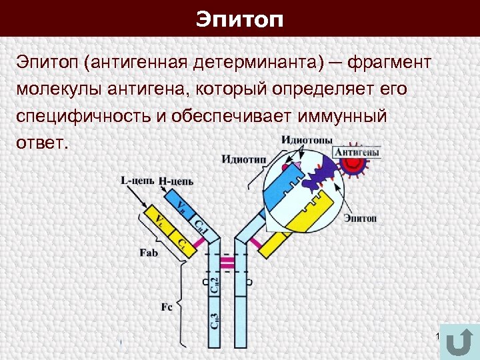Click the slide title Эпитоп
click(x=240, y=19)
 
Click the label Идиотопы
click(x=307, y=140)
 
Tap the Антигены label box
click(x=357, y=152)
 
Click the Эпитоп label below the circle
click(x=360, y=218)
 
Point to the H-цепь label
click(x=176, y=180)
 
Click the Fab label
click(x=149, y=253)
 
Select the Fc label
click(x=167, y=307)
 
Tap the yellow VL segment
click(x=159, y=219)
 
